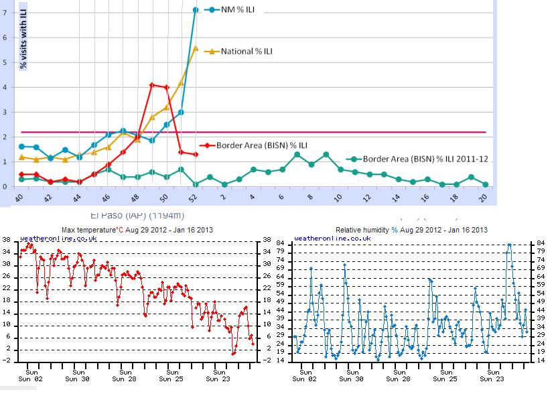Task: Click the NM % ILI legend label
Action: pos(244,9)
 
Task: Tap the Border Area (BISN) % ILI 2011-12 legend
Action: pos(425,159)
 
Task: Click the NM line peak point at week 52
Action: pos(196,9)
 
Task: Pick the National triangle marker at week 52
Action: pos(196,48)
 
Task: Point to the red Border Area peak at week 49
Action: pos(152,85)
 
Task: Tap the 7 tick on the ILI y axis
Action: pos(5,13)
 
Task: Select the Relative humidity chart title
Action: pos(411,230)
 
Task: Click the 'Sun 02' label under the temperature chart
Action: pos(31,379)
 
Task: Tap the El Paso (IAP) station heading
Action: pos(137,216)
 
